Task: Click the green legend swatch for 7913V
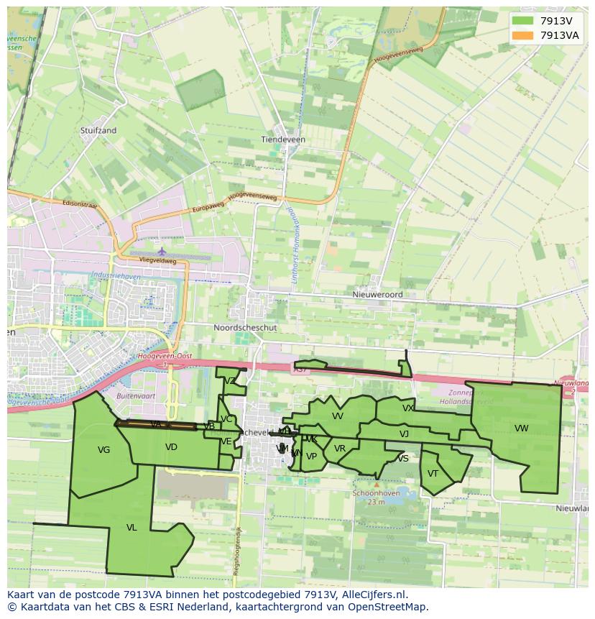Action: coord(522,21)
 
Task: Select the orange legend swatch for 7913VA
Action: coord(522,35)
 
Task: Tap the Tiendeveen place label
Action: coord(283,139)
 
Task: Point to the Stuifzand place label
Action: coord(99,131)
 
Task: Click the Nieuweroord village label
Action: coord(377,295)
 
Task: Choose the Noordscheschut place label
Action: coord(245,327)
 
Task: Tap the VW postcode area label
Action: coord(522,428)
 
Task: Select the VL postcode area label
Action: coord(132,528)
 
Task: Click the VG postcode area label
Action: coord(104,450)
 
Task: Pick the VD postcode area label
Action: coord(171,447)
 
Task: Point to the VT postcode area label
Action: coord(433,474)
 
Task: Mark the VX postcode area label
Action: coord(408,408)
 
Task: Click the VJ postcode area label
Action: coord(404,434)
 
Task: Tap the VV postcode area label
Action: coord(338,416)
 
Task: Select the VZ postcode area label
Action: coord(230,381)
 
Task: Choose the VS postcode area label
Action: coord(403,459)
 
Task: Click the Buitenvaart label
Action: coord(136,396)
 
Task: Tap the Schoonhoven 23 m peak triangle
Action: coord(377,485)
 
